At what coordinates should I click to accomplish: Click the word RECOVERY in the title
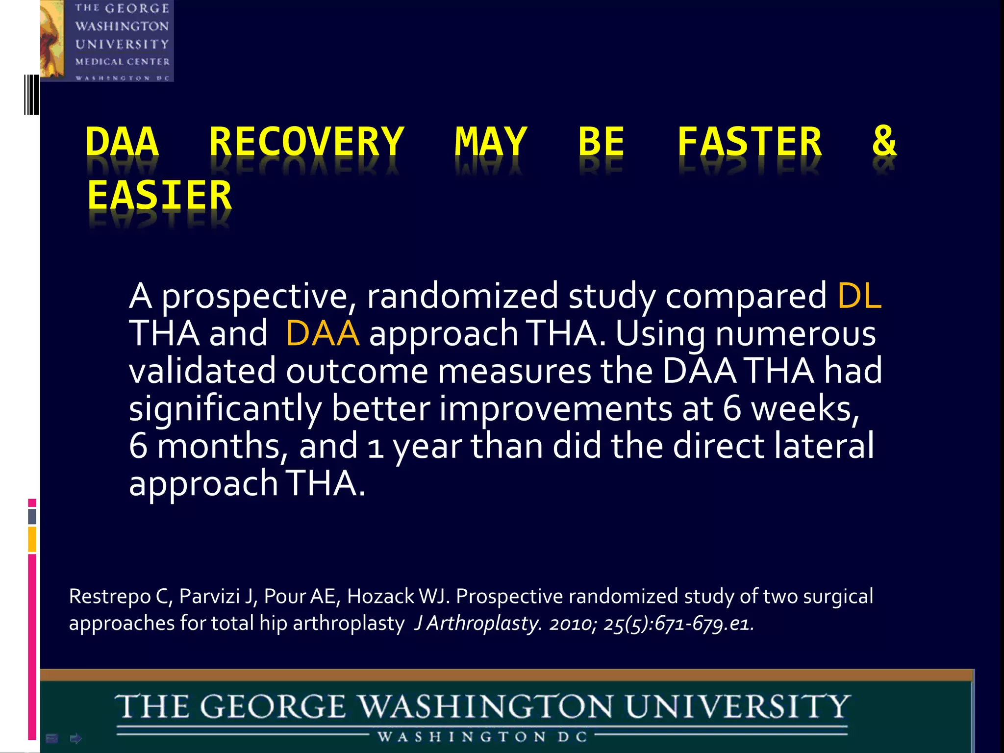306,142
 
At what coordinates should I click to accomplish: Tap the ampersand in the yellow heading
884,141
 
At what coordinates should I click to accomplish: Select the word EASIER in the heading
159,196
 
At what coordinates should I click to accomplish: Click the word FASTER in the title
749,142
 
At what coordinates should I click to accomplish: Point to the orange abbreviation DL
859,296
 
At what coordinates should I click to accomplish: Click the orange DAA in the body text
322,333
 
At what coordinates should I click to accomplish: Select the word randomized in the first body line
462,296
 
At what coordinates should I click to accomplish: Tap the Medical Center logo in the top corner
107,41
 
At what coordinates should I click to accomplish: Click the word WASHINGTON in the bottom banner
486,707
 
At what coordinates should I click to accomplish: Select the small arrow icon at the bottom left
76,738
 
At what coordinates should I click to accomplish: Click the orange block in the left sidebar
32,539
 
